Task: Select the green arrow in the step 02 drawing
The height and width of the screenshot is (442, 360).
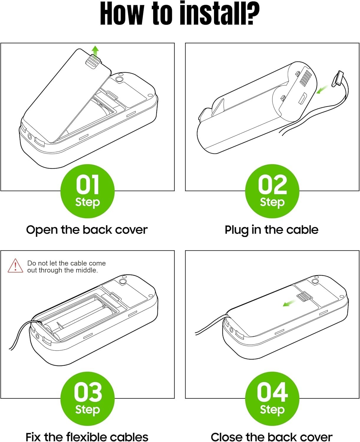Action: (x=322, y=89)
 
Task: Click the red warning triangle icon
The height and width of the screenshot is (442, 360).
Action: (x=15, y=266)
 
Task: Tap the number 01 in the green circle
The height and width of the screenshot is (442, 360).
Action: (x=87, y=184)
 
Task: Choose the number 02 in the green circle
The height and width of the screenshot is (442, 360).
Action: (x=272, y=184)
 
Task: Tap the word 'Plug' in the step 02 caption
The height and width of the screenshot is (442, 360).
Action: (x=237, y=230)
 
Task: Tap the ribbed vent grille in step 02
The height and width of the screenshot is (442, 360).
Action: (x=306, y=78)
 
